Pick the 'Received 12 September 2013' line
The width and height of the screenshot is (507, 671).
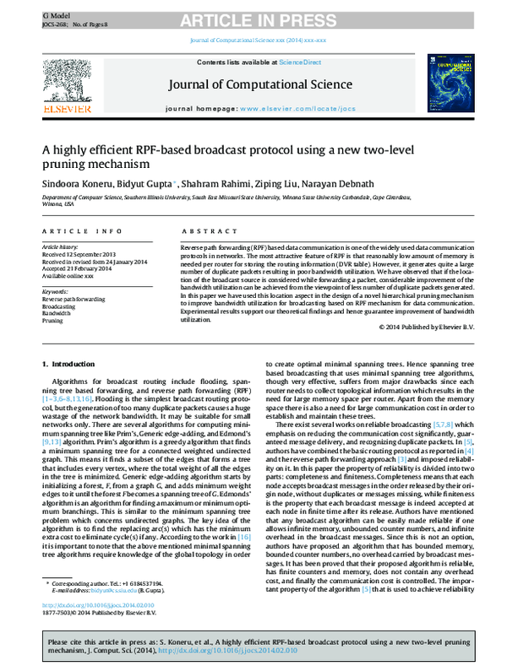pos(80,255)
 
